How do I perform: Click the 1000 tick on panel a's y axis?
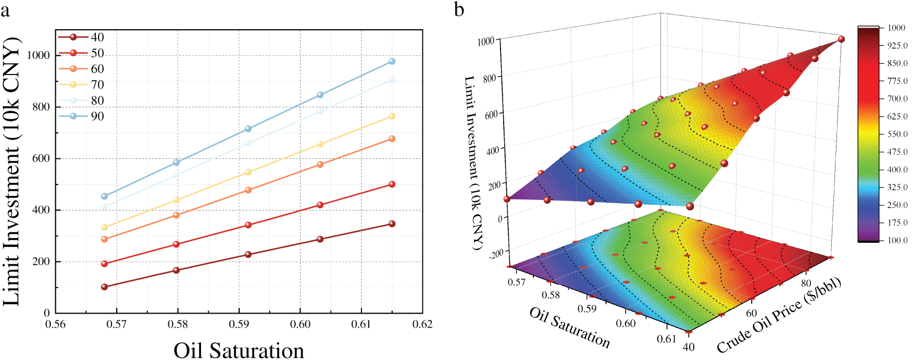(x=39, y=55)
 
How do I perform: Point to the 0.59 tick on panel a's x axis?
(x=239, y=324)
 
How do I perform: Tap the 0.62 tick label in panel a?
(x=422, y=324)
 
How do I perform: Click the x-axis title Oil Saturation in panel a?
(x=239, y=350)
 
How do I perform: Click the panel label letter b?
(x=459, y=9)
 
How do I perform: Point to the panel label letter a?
(x=5, y=9)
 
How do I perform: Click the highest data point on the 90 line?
(x=392, y=61)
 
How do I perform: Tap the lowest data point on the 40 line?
(x=105, y=287)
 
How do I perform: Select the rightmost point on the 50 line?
(x=392, y=184)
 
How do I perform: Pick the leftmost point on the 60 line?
(x=105, y=239)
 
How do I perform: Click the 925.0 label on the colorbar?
(x=897, y=46)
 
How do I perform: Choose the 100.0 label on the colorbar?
(x=897, y=240)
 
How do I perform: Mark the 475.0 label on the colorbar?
(x=897, y=152)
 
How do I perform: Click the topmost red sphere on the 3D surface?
(x=841, y=39)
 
